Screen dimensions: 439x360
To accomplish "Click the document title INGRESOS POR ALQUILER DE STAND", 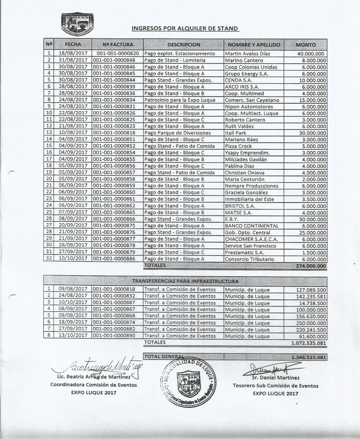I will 185,28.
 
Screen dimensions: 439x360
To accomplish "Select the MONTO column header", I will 305,45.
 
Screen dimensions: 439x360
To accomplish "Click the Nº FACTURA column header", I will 118,45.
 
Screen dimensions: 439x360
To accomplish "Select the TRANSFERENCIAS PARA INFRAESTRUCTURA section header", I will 185,280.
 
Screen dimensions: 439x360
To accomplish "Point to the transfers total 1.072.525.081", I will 309,343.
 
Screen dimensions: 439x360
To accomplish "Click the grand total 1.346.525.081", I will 309,357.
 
